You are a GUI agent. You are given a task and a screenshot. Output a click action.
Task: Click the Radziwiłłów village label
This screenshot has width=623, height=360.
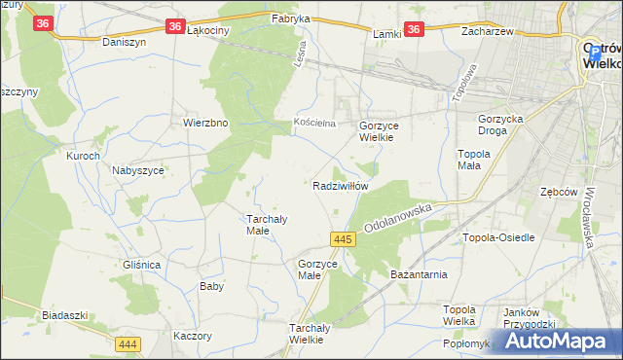coord(340,185)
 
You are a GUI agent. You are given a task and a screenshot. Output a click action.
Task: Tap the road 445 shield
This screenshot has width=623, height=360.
coord(341,238)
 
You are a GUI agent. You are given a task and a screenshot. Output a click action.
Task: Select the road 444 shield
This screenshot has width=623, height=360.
coord(128,344)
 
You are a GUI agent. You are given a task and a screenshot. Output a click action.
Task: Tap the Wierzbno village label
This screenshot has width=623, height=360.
coord(205,124)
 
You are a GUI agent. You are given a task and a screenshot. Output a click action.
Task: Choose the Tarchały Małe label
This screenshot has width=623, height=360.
coord(264,224)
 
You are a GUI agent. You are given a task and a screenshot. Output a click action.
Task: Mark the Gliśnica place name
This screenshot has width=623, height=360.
coord(141,265)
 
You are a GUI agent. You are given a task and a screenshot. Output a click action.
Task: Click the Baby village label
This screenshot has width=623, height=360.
coord(211,286)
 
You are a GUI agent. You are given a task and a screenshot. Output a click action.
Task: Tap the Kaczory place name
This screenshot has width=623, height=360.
coord(191,336)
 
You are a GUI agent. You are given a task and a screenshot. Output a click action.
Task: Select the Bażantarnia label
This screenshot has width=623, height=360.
coord(418,276)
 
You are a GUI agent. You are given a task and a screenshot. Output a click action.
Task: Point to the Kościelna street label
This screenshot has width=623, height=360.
coord(314,124)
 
